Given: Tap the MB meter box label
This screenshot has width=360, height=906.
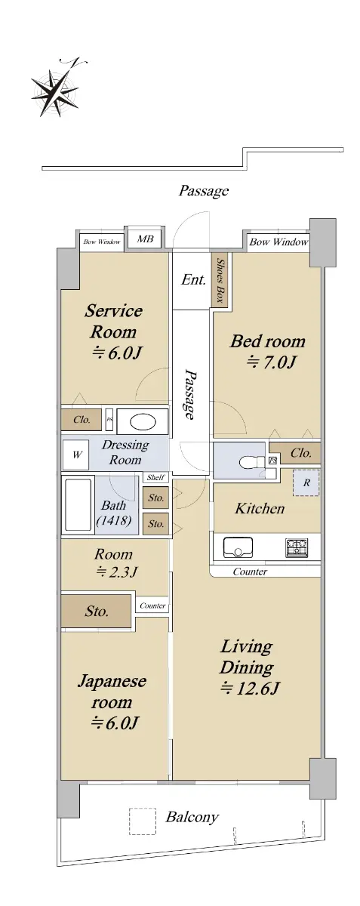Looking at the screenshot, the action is tap(145, 239).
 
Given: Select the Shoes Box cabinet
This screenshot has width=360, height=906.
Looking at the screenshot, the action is tap(220, 280).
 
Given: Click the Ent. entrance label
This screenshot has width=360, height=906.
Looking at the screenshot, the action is tap(193, 279).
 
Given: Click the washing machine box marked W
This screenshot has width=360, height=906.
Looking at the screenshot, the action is tap(75, 455).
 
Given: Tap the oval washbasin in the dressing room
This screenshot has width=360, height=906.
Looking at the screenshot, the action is tap(143, 422).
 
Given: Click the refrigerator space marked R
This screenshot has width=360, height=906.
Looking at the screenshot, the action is tap(306, 482).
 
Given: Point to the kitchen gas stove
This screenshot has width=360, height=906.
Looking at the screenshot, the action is tap(297, 547).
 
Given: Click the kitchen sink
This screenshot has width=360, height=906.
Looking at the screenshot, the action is tap(238, 547).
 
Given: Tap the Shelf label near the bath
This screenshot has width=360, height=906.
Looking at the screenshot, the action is tap(155, 477).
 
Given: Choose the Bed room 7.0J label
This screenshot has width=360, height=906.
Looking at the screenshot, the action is tap(267, 351).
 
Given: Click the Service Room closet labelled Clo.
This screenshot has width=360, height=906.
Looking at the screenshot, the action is tap(82, 420).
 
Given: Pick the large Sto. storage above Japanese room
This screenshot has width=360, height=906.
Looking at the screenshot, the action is tap(97, 611).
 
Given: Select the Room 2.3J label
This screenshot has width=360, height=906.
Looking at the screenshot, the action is tap(115, 562).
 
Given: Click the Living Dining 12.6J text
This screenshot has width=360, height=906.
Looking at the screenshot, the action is tap(249, 667).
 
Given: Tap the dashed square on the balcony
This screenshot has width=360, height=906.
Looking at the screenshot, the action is tap(143, 821).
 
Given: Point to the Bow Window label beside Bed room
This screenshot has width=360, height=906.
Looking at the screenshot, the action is tap(278, 242).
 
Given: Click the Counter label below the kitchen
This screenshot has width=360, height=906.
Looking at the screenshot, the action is tap(250, 572).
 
